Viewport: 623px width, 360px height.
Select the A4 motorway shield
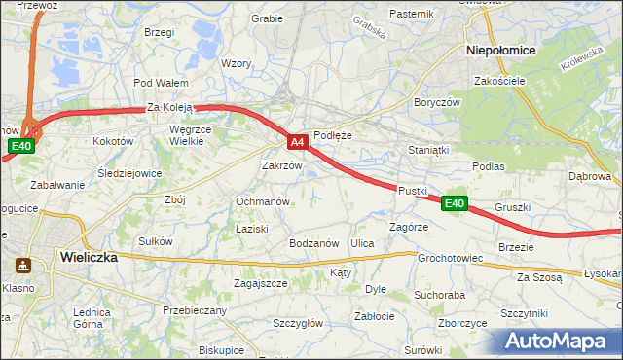[299, 142]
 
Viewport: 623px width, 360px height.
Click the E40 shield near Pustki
[455, 203]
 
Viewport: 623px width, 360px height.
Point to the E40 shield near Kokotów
[21, 147]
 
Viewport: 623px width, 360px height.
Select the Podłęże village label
[332, 135]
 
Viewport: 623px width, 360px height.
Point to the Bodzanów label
[313, 243]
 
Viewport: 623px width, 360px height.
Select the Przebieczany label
[195, 310]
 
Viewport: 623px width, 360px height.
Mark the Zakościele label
[500, 81]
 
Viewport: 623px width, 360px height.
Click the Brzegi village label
[159, 32]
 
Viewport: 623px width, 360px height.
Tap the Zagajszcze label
[260, 283]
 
